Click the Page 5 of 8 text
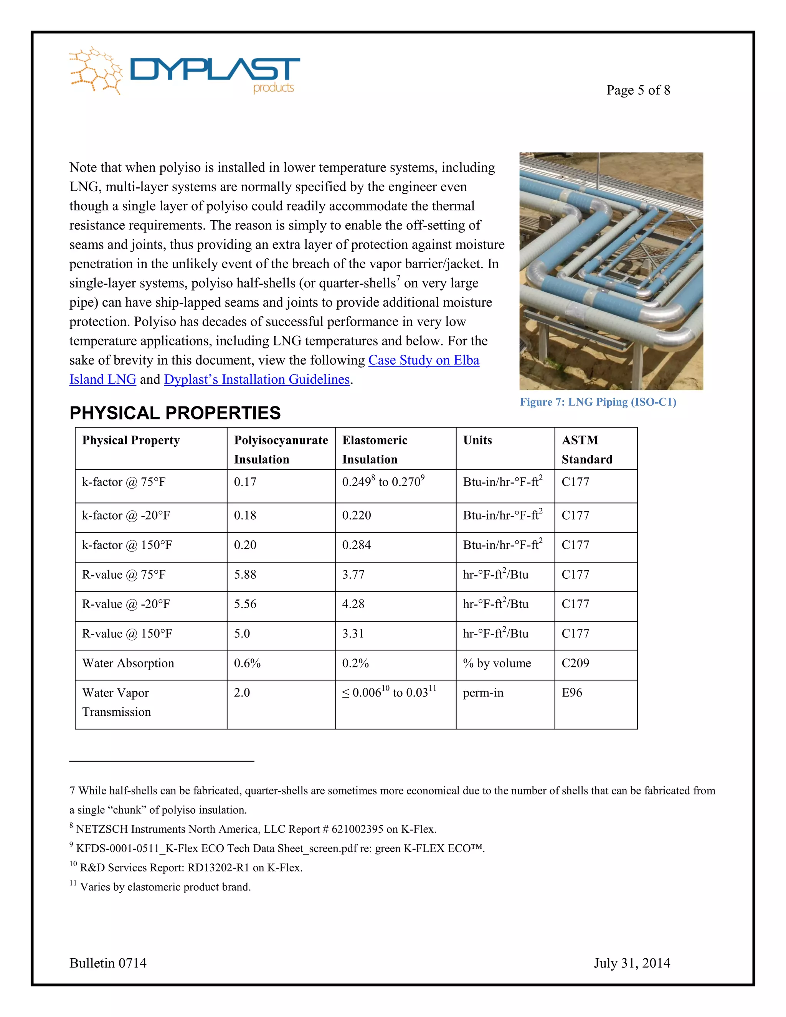(x=638, y=90)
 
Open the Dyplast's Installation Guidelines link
(x=257, y=380)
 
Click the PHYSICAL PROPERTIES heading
(x=175, y=413)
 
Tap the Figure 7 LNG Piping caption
(x=598, y=402)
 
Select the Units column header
(x=477, y=440)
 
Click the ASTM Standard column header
(x=587, y=449)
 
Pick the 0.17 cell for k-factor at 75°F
(x=245, y=482)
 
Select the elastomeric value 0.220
(x=356, y=515)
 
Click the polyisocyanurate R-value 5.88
(x=245, y=575)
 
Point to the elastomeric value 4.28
(x=353, y=604)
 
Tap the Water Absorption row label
(x=128, y=663)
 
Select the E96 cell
(x=572, y=692)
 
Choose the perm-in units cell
(x=483, y=692)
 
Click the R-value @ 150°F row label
(x=127, y=634)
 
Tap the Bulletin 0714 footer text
(x=108, y=963)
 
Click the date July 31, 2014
(x=631, y=963)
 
